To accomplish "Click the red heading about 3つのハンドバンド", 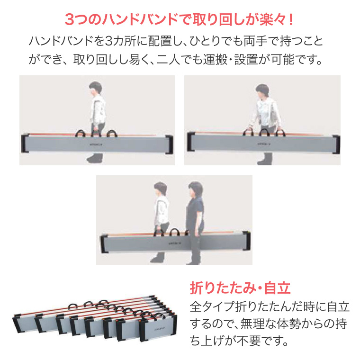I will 180,20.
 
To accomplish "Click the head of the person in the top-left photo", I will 95,88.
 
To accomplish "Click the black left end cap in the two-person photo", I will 104,244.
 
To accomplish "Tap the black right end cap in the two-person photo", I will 245,241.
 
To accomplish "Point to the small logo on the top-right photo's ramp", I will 262,141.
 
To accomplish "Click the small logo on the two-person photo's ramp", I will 173,241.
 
